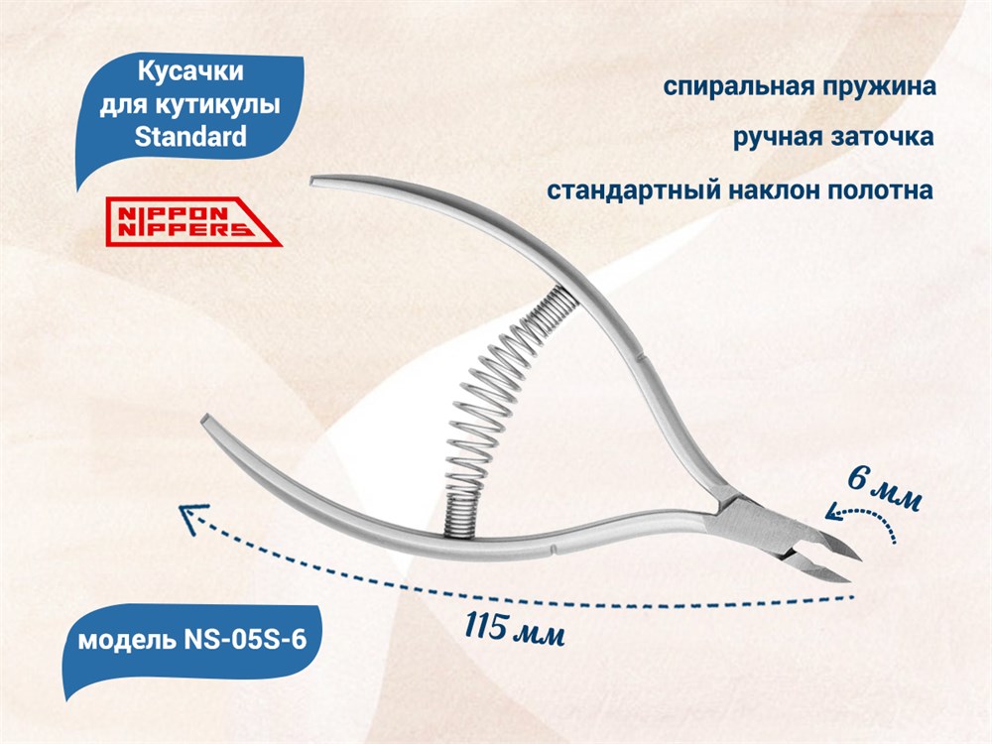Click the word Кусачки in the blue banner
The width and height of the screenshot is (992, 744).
[190, 71]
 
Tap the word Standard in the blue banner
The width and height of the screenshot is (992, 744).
[190, 136]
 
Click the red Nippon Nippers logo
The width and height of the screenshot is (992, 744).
[193, 221]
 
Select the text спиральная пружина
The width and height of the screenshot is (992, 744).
[800, 86]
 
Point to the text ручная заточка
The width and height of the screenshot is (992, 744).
[833, 137]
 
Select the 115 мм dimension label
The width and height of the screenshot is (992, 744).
[515, 628]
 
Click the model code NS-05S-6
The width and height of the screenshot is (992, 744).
[245, 640]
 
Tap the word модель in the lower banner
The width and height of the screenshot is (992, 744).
[127, 641]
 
